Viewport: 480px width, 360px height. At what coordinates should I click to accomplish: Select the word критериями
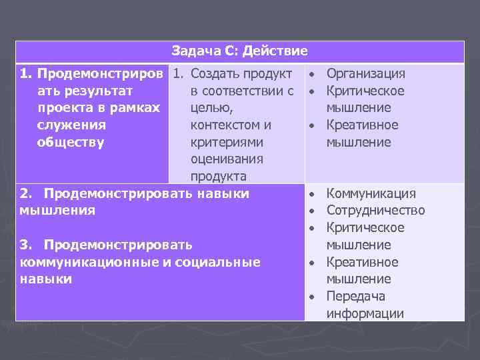click(x=227, y=142)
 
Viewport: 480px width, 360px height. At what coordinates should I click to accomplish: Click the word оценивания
click(x=227, y=159)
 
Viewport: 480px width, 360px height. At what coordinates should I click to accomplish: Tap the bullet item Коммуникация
click(x=371, y=193)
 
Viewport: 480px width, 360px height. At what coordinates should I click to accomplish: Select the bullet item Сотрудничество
click(x=375, y=211)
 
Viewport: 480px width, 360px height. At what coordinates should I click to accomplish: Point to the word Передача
click(x=356, y=296)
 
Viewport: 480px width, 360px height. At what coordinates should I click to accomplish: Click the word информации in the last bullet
click(x=365, y=313)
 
